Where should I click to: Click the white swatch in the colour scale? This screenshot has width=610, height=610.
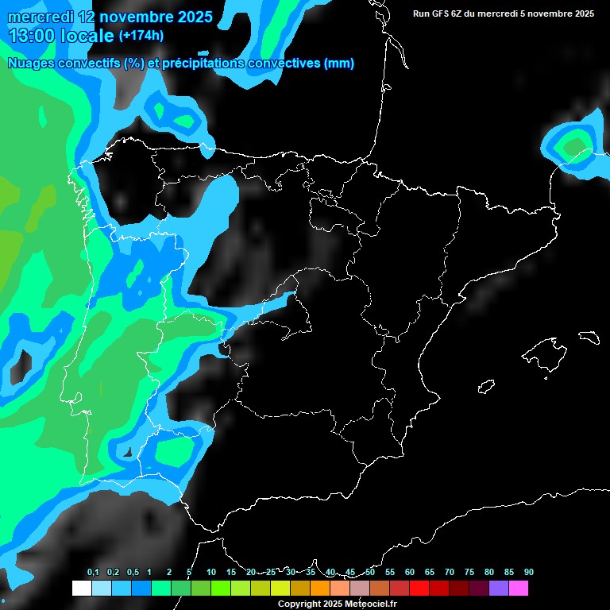click(x=81, y=589)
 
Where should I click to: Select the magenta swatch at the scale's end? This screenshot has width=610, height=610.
click(x=519, y=589)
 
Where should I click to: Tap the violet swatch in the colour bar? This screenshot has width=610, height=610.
click(x=499, y=589)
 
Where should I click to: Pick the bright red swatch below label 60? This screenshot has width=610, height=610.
click(x=419, y=589)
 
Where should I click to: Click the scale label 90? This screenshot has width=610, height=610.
click(x=529, y=573)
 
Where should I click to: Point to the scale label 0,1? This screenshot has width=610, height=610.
click(x=93, y=573)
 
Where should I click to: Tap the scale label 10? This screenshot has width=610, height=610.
click(x=210, y=573)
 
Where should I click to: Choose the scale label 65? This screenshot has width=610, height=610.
click(x=430, y=573)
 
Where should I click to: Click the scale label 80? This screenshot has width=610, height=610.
click(x=489, y=573)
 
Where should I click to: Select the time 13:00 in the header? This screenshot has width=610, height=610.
click(x=32, y=36)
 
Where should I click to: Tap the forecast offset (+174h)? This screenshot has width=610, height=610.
click(x=142, y=36)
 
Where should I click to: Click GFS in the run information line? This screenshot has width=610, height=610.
click(x=442, y=14)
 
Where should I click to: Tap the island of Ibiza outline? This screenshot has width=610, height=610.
click(x=486, y=387)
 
